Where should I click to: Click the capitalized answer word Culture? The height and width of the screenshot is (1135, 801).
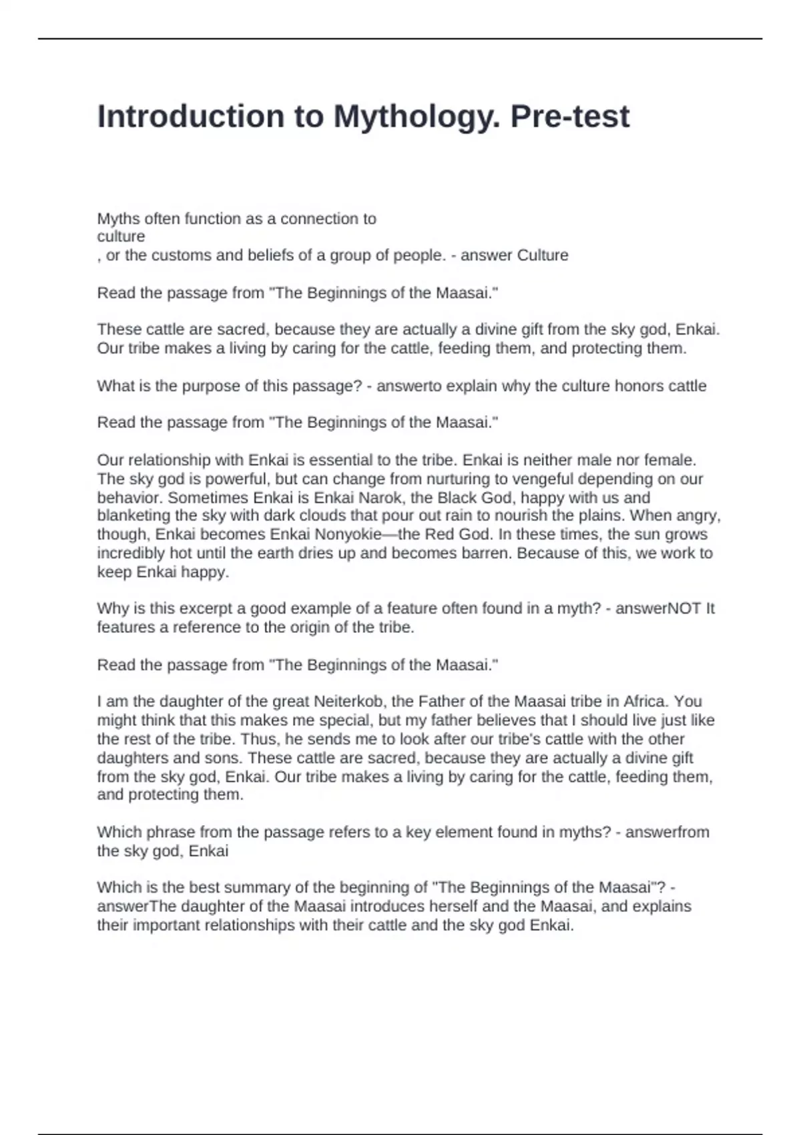coord(543,255)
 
